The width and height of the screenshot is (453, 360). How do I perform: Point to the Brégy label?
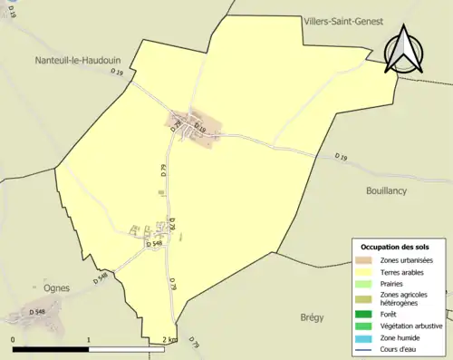[311, 317]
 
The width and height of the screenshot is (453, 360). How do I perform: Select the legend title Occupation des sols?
[398, 247]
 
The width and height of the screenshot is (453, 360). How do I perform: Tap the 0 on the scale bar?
[14, 340]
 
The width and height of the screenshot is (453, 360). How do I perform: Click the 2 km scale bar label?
[169, 340]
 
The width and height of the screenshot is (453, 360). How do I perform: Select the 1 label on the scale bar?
[89, 340]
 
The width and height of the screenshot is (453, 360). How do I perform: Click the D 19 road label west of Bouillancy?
[341, 158]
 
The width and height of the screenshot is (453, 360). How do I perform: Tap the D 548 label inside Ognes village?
[37, 312]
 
